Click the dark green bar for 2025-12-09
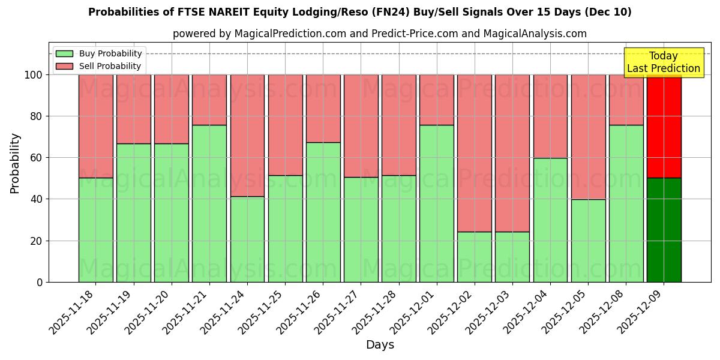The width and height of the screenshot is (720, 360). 664,230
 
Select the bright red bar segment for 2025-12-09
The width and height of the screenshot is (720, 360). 664,126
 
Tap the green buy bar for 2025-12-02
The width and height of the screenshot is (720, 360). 474,257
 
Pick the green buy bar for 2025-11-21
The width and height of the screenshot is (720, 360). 209,203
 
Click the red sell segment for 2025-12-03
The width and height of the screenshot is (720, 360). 512,153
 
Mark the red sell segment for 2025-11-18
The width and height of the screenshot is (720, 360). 95,126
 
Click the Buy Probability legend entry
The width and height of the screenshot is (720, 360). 99,53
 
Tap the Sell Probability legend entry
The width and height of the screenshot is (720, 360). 99,66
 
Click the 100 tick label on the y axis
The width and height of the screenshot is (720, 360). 34,75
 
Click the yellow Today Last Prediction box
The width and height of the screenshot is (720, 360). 663,62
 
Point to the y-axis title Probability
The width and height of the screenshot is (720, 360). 15,163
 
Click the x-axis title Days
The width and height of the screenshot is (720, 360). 380,345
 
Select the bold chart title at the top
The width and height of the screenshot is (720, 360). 360,12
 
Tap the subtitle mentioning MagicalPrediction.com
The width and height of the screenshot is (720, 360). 380,34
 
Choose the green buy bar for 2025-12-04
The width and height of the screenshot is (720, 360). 550,220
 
